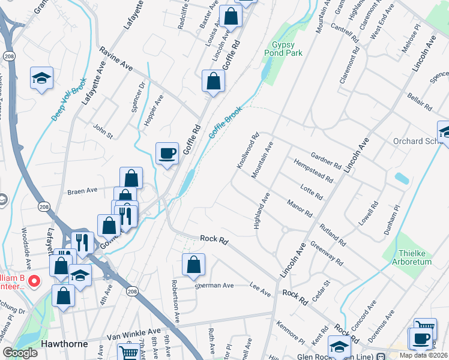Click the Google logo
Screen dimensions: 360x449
point(20,353)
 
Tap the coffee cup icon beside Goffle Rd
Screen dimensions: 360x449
point(167,153)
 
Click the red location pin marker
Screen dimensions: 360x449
point(34,280)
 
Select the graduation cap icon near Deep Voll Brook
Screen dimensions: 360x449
point(42,78)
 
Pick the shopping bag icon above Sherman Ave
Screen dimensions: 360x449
point(193,264)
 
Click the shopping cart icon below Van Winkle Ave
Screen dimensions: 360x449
point(127,352)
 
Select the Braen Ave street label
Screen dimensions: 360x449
point(82,190)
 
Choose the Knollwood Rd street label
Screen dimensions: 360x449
point(248,150)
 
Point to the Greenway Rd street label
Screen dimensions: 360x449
point(327,253)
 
